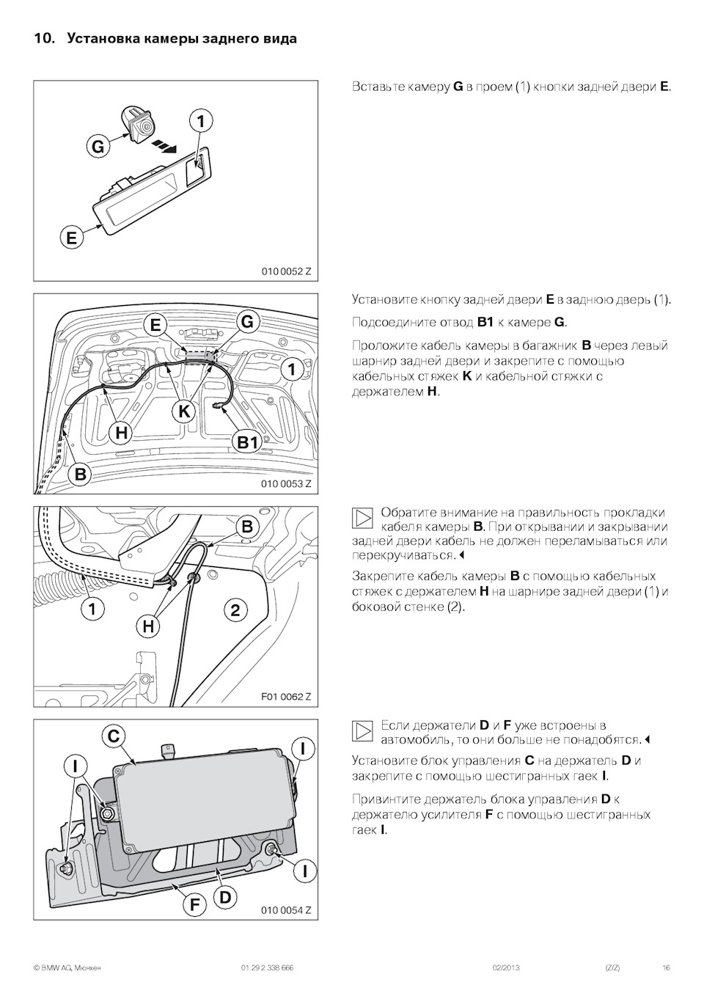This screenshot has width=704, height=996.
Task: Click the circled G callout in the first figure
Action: click(x=98, y=147)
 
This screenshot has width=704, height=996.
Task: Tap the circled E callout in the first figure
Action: click(x=71, y=238)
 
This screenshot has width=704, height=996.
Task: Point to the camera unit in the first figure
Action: click(x=138, y=122)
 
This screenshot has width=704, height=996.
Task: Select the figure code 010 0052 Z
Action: click(x=286, y=271)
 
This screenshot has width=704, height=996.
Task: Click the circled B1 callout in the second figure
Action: click(x=248, y=442)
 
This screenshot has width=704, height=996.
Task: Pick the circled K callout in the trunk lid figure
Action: click(x=184, y=411)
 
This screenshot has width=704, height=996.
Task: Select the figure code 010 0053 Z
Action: click(x=286, y=483)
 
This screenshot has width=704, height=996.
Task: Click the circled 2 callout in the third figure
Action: click(x=235, y=609)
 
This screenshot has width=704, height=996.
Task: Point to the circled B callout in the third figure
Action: click(x=247, y=527)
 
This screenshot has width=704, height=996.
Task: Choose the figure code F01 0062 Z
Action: click(x=286, y=696)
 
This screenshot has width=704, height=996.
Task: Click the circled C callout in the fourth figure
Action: click(x=114, y=736)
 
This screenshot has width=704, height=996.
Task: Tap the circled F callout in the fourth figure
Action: click(x=194, y=904)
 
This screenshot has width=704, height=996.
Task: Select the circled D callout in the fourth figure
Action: click(x=225, y=896)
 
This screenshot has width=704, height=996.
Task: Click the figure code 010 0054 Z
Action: click(x=286, y=910)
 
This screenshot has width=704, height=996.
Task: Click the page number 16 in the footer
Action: click(x=666, y=968)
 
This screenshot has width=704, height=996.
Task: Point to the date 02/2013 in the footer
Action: click(x=506, y=968)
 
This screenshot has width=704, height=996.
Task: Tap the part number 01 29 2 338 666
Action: click(x=267, y=968)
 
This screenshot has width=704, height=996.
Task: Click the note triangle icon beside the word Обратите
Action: click(x=363, y=519)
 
